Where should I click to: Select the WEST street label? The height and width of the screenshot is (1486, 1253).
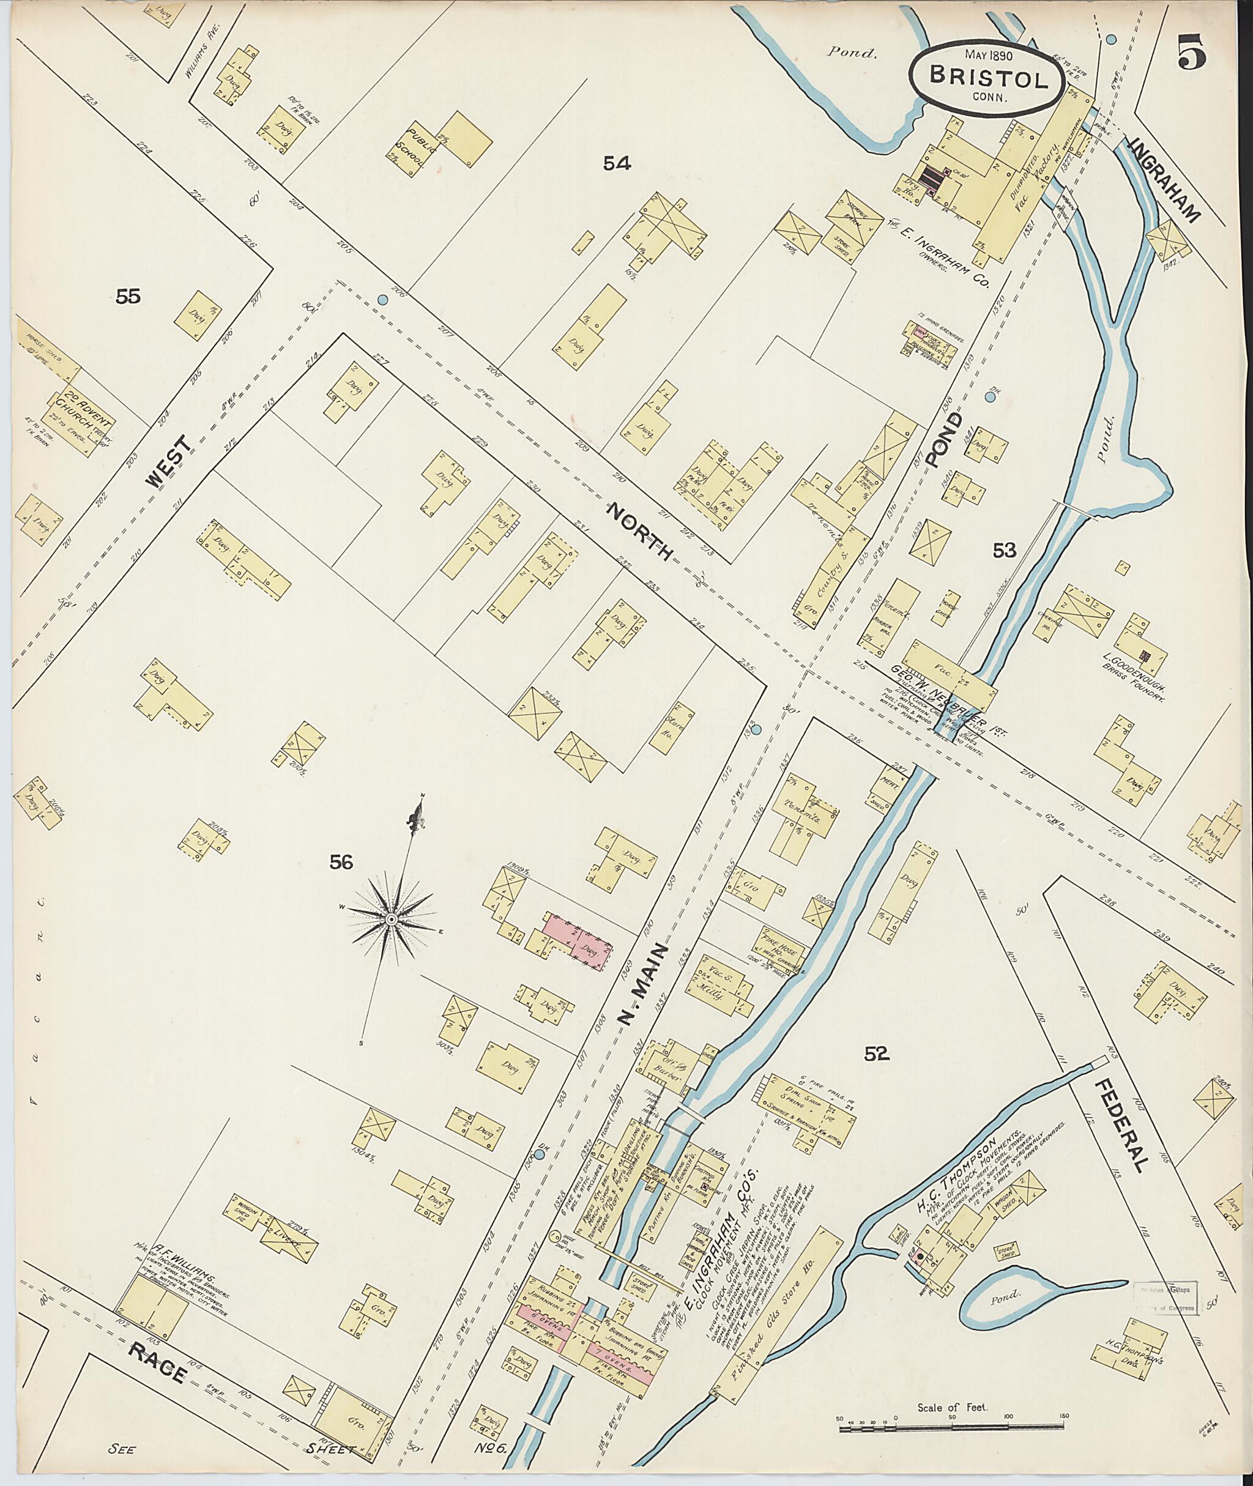click(171, 463)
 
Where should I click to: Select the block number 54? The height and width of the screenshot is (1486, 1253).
click(617, 164)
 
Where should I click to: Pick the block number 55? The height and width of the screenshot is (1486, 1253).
click(128, 296)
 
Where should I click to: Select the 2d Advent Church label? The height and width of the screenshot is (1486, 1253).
click(76, 420)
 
